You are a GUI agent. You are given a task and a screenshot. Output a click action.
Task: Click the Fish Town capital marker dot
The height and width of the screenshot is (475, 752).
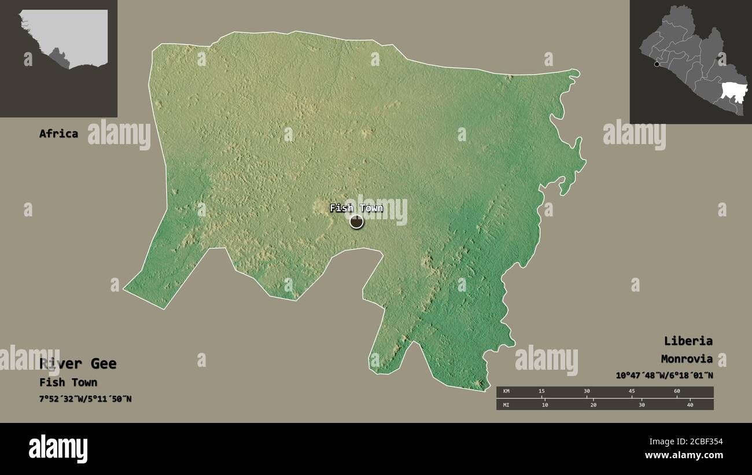(x=356, y=221)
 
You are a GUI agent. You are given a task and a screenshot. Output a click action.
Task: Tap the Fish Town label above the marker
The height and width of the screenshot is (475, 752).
(x=356, y=208)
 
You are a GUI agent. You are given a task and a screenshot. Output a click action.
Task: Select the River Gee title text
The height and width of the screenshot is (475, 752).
(x=78, y=364)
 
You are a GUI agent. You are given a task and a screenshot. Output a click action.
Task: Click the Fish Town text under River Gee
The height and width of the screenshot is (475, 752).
(x=68, y=382)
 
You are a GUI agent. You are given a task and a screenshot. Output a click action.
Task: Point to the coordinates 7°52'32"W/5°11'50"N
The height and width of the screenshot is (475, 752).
(x=86, y=399)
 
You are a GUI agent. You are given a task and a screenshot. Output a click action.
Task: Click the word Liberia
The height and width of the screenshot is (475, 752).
(x=688, y=341)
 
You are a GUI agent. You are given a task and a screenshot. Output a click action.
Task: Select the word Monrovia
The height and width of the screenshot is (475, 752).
(x=687, y=359)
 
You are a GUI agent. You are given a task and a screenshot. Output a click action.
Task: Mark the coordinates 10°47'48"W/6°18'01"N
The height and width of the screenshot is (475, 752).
(x=664, y=375)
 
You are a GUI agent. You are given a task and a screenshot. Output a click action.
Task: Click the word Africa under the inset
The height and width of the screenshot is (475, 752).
(x=58, y=134)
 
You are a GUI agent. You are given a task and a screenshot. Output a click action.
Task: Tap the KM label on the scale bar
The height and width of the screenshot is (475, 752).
(x=507, y=392)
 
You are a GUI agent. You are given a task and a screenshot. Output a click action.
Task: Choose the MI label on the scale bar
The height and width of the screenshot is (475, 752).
(x=507, y=404)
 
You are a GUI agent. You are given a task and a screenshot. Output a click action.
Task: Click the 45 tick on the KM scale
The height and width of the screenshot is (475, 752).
(x=632, y=392)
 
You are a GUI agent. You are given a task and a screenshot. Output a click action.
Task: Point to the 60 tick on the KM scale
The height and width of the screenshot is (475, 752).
(x=677, y=392)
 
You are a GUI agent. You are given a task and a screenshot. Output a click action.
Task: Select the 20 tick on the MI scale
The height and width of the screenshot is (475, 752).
(x=593, y=404)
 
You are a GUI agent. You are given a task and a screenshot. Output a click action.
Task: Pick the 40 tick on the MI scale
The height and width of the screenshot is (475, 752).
(x=690, y=404)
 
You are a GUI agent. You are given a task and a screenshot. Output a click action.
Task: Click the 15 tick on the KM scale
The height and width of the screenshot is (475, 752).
(x=541, y=392)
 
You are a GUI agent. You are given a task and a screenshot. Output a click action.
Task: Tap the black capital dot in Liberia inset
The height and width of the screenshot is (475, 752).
(x=657, y=64)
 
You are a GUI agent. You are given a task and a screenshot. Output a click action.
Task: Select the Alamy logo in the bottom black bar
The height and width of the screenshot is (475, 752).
(x=58, y=449)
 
